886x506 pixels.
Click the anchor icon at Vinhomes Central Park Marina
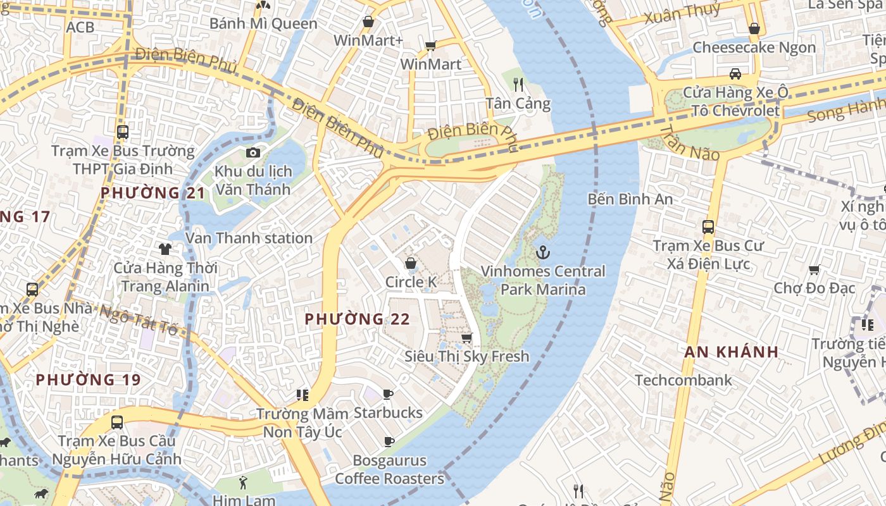coord(542,253)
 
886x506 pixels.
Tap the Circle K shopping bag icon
coord(411,263)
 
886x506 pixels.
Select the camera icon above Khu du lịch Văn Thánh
coord(253,152)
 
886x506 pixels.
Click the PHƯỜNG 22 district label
coord(358,319)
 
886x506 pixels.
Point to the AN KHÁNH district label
coord(731,352)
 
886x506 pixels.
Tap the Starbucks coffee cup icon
coord(388,395)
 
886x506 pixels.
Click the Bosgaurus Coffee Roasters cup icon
coord(389,442)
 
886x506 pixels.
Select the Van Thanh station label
coord(249,238)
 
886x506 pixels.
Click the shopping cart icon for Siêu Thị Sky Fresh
coord(467,338)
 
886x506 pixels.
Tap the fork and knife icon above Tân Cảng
coord(518,84)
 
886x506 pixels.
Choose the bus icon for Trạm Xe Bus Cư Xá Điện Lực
coord(708,226)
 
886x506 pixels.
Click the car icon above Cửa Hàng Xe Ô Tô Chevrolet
coord(735,74)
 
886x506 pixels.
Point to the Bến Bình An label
coord(630,199)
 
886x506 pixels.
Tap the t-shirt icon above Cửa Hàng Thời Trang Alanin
coord(165,249)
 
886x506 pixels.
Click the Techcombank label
coord(683,380)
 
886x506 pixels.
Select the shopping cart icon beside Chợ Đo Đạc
coord(814,270)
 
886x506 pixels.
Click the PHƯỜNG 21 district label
coord(153,193)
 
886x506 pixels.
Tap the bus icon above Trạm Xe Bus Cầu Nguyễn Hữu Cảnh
coord(117,422)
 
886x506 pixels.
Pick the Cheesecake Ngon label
coord(754,47)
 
